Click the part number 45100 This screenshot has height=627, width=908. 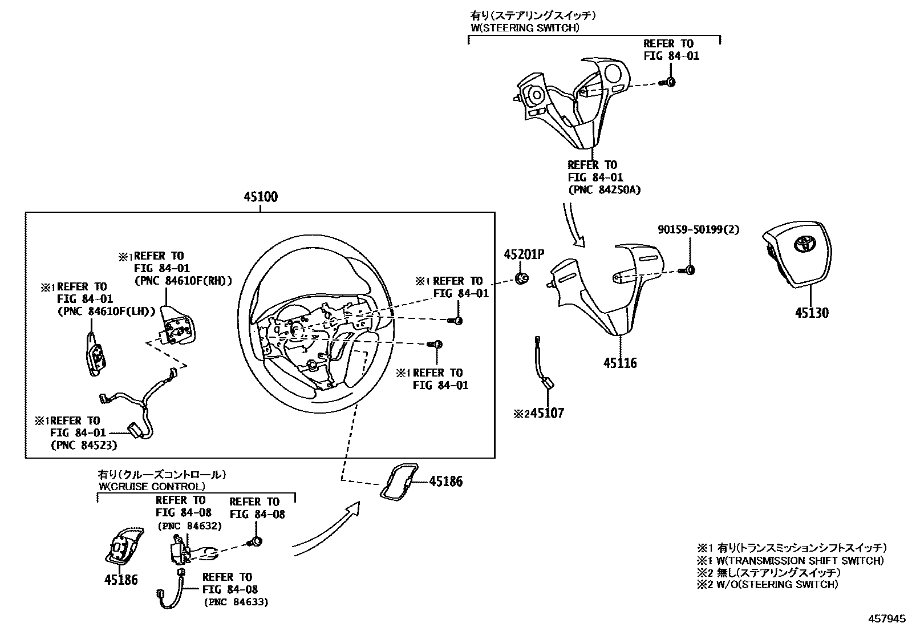[261, 197]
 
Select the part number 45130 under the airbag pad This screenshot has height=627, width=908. [812, 313]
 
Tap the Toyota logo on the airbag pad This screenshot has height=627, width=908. [804, 245]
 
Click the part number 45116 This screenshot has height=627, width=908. [620, 363]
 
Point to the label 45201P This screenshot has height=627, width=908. [524, 254]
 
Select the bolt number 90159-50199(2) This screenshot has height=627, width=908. [698, 229]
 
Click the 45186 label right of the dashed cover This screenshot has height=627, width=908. [445, 482]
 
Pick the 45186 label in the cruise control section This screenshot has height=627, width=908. [121, 580]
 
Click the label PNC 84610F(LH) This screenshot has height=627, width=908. [107, 312]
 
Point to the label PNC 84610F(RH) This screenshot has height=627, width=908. [183, 281]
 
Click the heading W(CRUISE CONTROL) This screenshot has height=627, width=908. [151, 487]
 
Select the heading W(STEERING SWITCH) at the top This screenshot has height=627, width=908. [525, 27]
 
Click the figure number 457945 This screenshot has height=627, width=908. [886, 618]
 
